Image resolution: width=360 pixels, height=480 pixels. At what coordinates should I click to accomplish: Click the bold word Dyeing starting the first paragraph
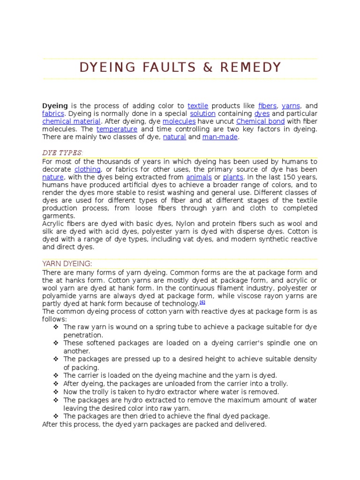point(55,106)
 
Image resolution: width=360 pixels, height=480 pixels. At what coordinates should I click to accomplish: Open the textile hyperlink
point(198,106)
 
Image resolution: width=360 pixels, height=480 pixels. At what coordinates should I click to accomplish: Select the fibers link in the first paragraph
point(268,106)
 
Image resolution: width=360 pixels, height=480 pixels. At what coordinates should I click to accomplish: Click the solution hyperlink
point(202,114)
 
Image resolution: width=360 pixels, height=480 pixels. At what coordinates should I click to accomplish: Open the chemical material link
point(71,121)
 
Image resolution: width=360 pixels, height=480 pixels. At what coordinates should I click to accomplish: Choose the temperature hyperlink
point(117,129)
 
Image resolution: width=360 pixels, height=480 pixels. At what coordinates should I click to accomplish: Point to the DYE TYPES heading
point(62,153)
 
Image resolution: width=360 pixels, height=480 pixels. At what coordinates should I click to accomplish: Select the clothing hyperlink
point(87,169)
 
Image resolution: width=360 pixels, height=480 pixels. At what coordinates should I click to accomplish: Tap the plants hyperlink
point(233,177)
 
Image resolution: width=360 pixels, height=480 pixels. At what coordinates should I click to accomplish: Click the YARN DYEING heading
point(67,264)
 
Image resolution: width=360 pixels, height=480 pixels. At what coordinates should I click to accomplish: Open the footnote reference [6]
point(202,303)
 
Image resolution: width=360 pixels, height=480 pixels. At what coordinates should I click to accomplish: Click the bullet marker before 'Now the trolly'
point(56,392)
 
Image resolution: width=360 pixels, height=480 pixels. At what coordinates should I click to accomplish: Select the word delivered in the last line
point(250,424)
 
